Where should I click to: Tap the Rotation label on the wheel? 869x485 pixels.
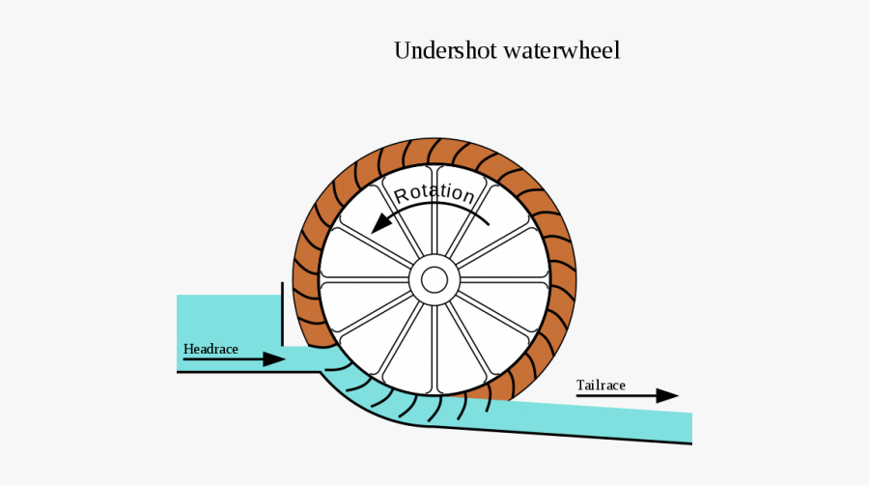tap(434, 191)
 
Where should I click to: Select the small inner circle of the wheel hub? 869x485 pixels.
tap(434, 280)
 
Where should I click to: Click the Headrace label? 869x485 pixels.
tap(210, 349)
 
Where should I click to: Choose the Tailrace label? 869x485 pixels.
tap(601, 385)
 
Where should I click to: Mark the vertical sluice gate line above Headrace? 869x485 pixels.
tap(282, 314)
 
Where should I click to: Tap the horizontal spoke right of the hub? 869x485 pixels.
tap(502, 280)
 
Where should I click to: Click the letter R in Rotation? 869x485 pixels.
tap(402, 194)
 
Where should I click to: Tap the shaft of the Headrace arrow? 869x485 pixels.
tap(222, 359)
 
